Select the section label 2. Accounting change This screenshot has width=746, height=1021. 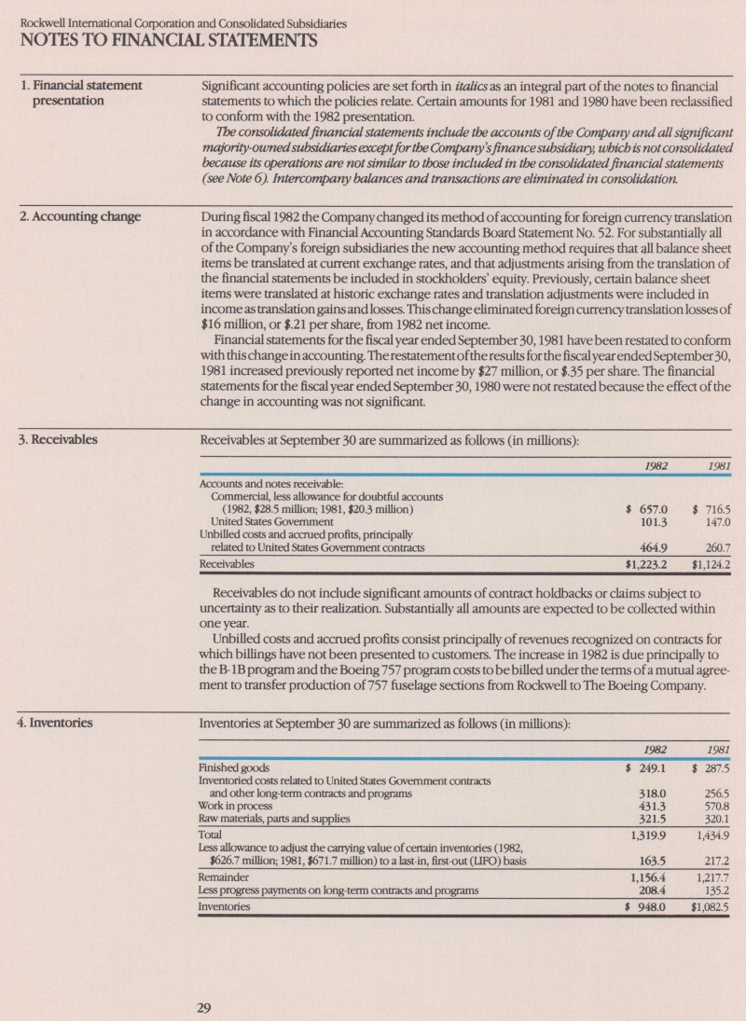[81, 217]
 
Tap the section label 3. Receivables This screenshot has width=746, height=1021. [60, 438]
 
